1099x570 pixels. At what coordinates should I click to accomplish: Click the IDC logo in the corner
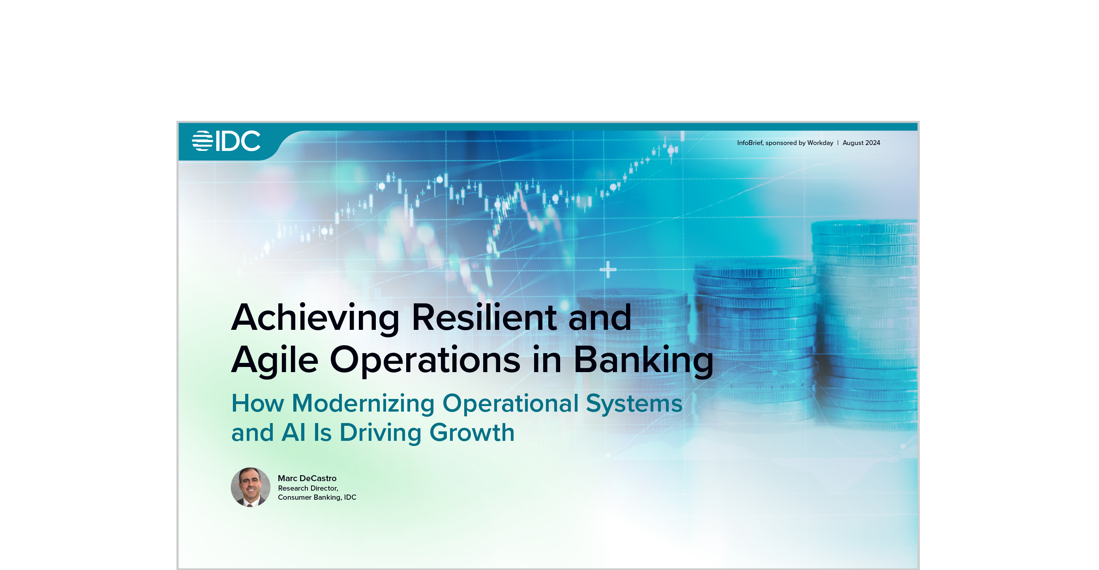(226, 141)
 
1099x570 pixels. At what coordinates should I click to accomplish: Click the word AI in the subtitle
(294, 433)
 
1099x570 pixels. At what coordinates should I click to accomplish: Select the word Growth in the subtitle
(472, 433)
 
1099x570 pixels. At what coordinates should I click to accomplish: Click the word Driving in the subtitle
(381, 433)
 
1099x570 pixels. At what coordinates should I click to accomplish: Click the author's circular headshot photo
(250, 487)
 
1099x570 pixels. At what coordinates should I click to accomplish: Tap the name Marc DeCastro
(307, 478)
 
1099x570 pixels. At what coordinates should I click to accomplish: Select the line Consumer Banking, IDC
(317, 497)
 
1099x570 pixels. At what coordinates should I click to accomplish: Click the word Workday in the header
(820, 143)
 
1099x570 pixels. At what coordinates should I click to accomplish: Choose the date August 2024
(861, 143)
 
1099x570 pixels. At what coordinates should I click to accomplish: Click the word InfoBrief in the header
(750, 143)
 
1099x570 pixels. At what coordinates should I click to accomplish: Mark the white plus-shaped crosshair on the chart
(608, 269)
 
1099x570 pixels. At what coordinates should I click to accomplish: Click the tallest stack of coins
(865, 324)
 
